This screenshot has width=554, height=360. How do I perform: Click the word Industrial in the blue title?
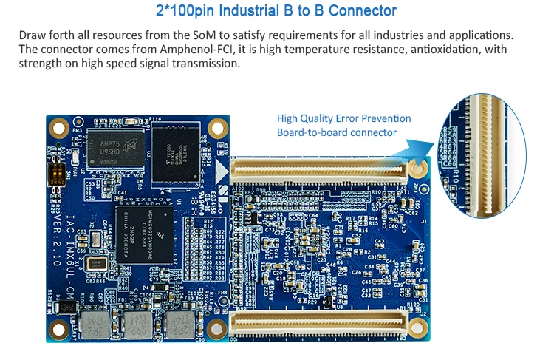coord(251,11)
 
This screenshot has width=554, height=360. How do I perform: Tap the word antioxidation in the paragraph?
coord(442,49)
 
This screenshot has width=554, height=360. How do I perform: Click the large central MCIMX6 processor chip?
coord(144,226)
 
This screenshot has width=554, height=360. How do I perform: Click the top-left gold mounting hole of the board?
coord(58,127)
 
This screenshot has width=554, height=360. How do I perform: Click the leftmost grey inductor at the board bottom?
coord(94,323)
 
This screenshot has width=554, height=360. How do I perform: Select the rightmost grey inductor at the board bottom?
coord(176,323)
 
